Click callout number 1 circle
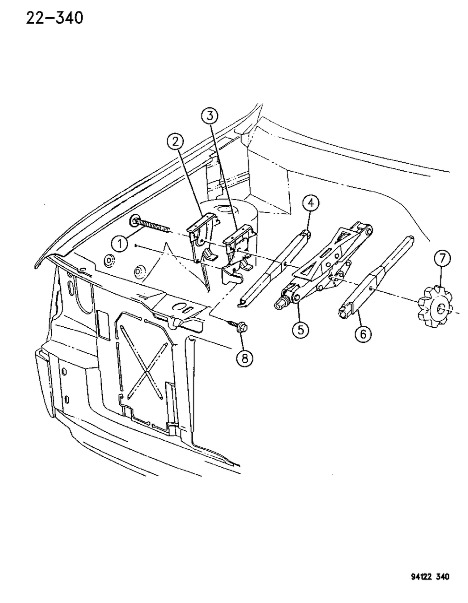pyautogui.click(x=120, y=245)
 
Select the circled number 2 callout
pyautogui.click(x=175, y=142)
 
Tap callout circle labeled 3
pyautogui.click(x=210, y=116)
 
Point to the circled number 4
pyautogui.click(x=311, y=204)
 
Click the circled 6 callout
pyautogui.click(x=363, y=334)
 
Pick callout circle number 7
pyautogui.click(x=442, y=259)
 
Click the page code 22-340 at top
pyautogui.click(x=55, y=18)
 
